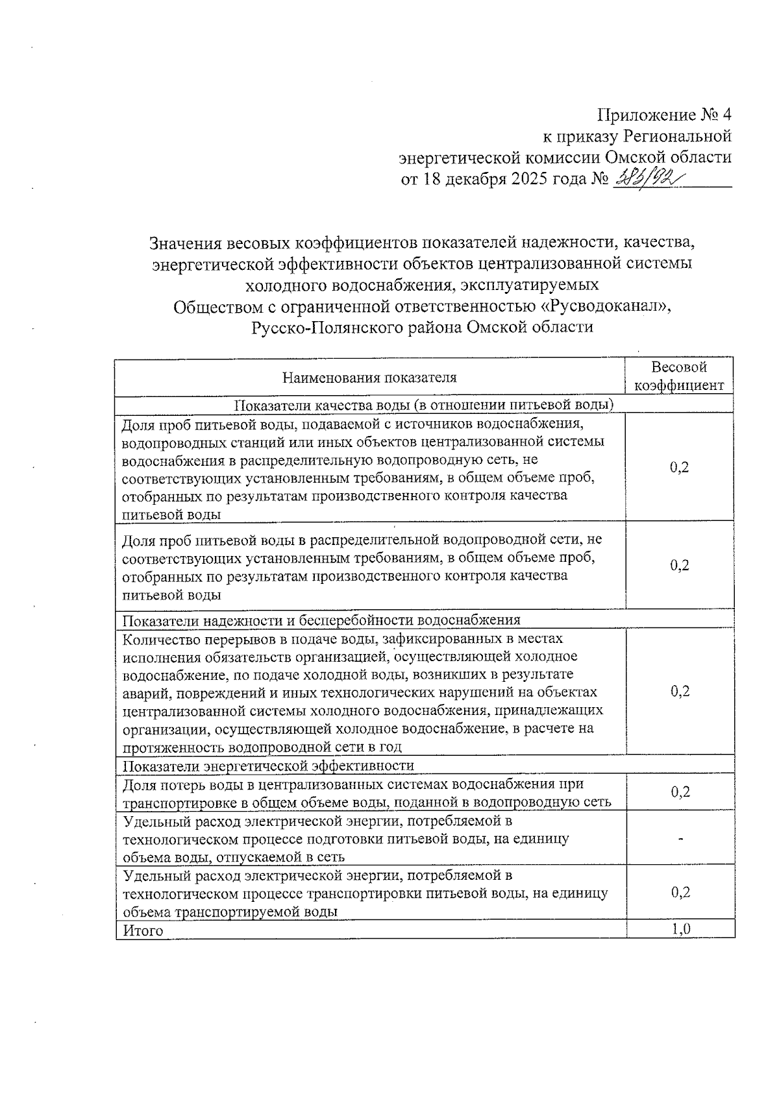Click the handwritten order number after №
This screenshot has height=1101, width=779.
pos(646,177)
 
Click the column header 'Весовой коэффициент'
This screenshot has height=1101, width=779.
pos(679,376)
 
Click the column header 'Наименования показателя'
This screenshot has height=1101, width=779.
pos(369,378)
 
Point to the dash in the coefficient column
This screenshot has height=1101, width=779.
pos(680,839)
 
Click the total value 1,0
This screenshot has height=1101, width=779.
pos(680,929)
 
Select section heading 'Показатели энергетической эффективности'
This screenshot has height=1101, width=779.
pos(268,766)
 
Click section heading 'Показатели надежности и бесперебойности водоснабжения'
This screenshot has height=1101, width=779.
pos(321,620)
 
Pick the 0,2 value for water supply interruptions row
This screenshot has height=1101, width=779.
pos(680,691)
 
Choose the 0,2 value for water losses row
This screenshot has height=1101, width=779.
pos(680,792)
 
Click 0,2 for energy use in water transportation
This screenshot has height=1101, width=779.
pos(680,892)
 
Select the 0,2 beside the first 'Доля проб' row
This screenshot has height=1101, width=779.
pos(680,468)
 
